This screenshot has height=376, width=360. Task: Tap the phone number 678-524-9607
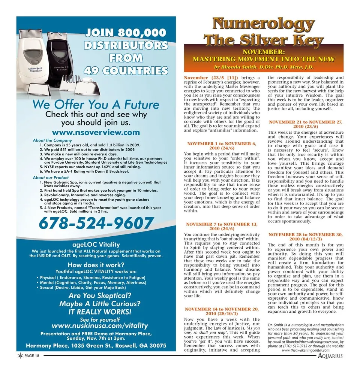[96, 224]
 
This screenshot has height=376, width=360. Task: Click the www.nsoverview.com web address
[96, 132]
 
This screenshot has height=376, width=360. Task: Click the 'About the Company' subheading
[52, 140]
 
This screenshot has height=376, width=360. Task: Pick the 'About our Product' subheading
[51, 178]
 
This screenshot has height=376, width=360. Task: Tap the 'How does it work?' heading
[96, 264]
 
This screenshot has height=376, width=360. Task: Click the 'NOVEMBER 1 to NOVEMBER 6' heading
[222, 144]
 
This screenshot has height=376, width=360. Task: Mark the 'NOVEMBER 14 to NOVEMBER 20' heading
[222, 309]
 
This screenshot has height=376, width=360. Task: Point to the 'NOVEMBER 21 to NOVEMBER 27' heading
[306, 122]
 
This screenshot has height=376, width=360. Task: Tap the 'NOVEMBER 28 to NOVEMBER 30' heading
[306, 235]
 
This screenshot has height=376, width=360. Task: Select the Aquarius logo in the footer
[330, 356]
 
